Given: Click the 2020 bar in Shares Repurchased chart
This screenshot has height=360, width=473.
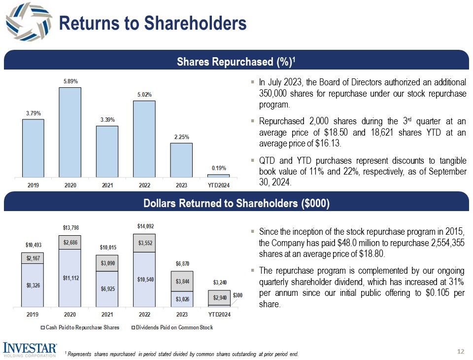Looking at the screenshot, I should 70,132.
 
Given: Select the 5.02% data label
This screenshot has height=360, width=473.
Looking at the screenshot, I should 144,94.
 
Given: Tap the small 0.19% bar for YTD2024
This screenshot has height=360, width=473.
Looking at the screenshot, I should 218,176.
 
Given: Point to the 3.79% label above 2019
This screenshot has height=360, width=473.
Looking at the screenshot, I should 33,113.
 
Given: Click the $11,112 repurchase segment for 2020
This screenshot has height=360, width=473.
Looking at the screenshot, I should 70,278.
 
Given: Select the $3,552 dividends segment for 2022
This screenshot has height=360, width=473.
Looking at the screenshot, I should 144,243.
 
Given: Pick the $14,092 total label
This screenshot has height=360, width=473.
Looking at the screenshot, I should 144,226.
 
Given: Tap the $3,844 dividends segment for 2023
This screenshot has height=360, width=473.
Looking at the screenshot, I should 182,281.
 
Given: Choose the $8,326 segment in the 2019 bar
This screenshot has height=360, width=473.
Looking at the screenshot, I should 33,285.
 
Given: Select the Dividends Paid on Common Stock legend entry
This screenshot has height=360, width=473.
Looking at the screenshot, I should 172,327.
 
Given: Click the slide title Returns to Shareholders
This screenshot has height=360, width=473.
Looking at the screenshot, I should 152,23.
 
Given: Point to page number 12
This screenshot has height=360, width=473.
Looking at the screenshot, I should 461,351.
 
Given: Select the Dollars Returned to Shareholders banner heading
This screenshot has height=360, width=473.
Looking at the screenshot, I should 236,204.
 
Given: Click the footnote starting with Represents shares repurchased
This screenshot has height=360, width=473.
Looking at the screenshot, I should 182,354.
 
